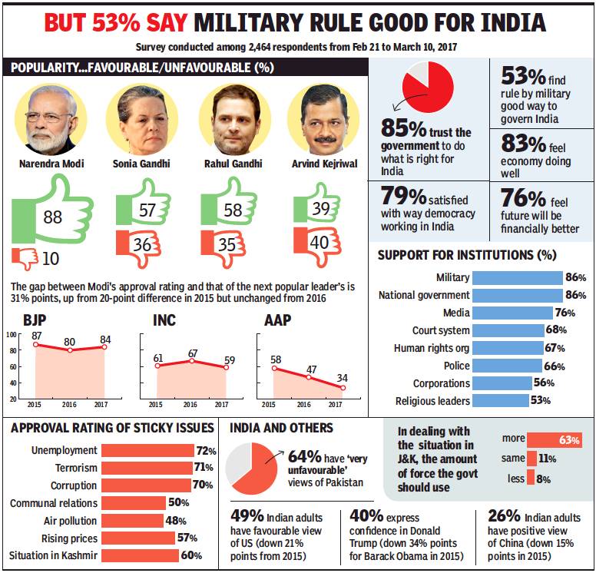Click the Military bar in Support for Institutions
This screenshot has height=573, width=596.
[517, 277]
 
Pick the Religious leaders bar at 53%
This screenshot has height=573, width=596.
[500, 401]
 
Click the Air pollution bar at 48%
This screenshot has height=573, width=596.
[134, 521]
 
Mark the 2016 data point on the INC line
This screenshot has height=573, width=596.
[190, 359]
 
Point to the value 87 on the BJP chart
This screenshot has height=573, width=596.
[36, 336]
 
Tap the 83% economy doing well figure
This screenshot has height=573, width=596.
[525, 142]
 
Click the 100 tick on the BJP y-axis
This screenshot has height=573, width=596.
[12, 334]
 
